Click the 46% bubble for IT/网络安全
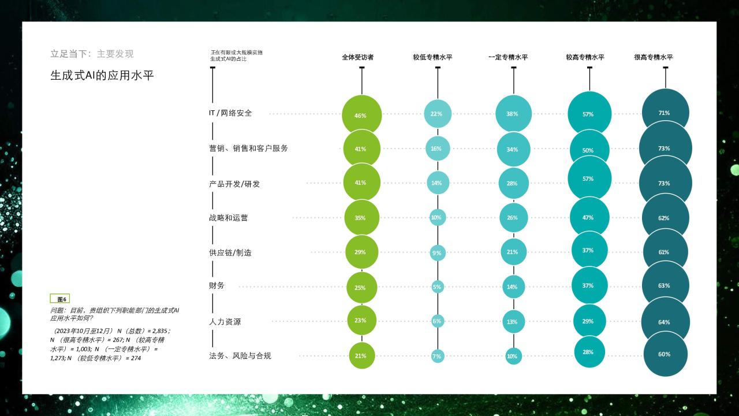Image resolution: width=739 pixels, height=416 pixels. (361, 115)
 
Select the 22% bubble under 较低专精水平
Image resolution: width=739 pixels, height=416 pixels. (438, 114)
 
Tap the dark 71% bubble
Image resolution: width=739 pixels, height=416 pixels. (666, 112)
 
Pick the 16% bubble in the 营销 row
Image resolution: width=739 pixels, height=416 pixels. (438, 148)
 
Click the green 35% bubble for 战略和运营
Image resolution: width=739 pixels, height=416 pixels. (361, 218)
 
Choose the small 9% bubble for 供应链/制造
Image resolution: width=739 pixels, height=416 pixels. (438, 253)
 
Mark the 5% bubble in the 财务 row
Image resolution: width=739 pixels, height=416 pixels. (438, 287)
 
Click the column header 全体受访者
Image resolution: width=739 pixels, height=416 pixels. (357, 57)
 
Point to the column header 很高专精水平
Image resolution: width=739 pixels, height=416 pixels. (653, 57)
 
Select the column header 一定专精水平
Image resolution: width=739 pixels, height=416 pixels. (508, 57)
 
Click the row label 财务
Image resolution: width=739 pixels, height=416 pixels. (217, 285)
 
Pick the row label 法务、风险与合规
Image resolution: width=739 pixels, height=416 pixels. (240, 356)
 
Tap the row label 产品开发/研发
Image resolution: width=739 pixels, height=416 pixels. (234, 184)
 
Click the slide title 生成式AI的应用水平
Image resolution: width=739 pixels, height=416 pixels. (102, 76)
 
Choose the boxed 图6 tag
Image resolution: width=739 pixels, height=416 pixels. (60, 299)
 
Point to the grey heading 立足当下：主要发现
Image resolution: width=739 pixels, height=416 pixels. (92, 54)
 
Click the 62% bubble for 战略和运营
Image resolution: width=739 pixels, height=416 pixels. (666, 218)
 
